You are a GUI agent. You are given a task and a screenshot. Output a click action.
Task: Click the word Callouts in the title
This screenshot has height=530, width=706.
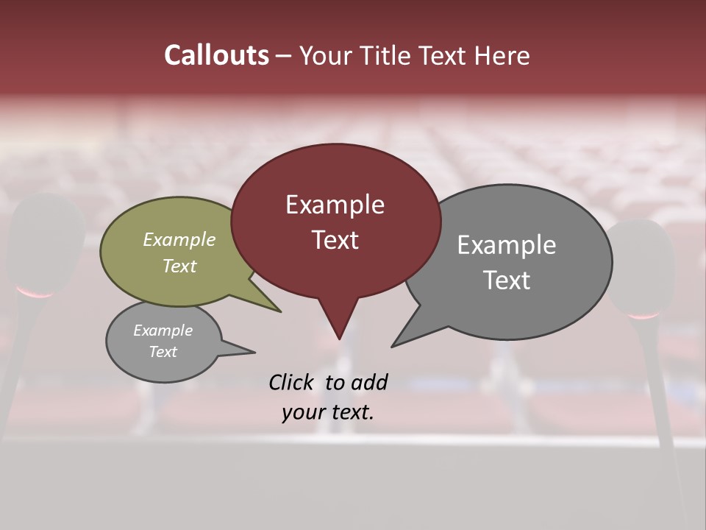coord(216,55)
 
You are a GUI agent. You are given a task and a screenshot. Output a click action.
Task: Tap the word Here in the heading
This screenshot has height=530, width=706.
coord(502,55)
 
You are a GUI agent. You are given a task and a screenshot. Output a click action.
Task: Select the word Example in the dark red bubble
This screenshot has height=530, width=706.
coord(335,205)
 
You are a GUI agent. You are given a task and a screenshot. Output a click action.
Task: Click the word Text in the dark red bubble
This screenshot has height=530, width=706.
coord(335,240)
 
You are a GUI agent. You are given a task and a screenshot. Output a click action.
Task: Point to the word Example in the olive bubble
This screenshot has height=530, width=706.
coord(179,239)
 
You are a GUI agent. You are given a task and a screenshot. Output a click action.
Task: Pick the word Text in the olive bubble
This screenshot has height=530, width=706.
coord(179,266)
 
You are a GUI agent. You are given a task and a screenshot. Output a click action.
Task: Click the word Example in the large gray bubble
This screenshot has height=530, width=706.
coord(506,245)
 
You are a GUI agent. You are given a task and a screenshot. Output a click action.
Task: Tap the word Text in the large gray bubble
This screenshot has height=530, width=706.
coord(506,280)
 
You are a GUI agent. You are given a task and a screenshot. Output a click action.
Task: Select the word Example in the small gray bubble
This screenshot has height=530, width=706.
coord(163,331)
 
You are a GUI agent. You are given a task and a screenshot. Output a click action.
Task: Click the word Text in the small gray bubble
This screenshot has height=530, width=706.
coord(163,352)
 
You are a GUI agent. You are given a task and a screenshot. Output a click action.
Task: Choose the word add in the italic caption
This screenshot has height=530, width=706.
coord(368,382)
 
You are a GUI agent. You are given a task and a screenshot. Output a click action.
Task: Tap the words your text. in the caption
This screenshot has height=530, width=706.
coord(327,412)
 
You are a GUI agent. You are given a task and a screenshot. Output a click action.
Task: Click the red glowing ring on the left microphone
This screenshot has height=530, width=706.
coord(35,294)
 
